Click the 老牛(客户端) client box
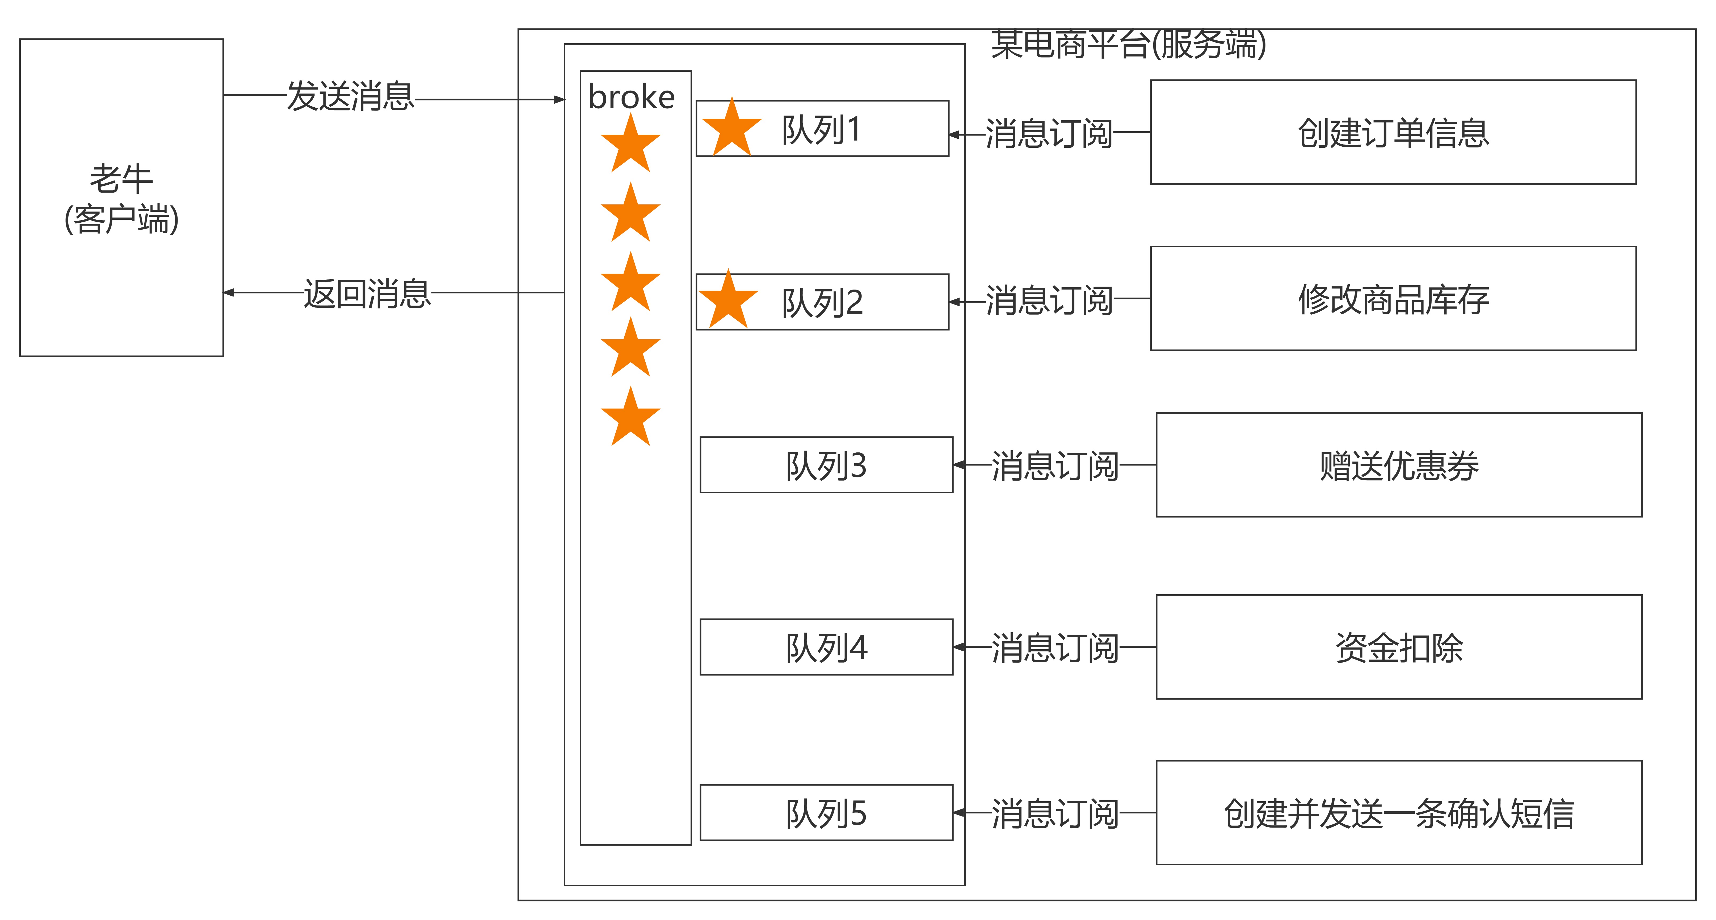121,198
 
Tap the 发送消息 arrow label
350,96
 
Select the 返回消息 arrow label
367,294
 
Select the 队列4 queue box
826,647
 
